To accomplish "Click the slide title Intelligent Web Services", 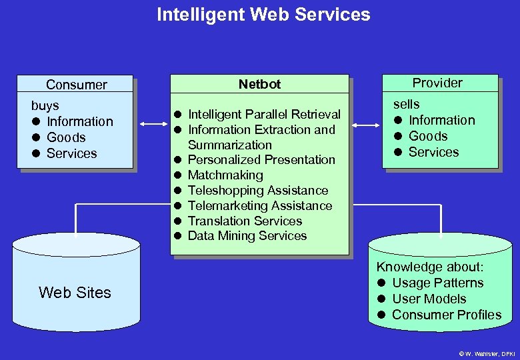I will coord(263,14).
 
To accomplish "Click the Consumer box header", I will coord(76,85).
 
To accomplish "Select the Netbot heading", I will coord(259,84).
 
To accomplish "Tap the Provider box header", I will coord(437,83).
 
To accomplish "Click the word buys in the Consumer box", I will coord(45,105).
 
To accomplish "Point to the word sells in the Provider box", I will coord(407,104).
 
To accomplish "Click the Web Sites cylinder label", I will coord(75,292).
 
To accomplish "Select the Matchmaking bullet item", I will coord(225,175).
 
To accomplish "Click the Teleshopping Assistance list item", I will coord(258,190).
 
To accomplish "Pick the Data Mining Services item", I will coord(247,235).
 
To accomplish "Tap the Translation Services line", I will coord(245,221).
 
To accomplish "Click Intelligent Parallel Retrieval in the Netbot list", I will coord(264,114).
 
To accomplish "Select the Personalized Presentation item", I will coord(261,159).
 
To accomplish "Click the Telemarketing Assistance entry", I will coord(260,205).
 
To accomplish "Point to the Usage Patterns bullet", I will coord(437,283).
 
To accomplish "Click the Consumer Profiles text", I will coord(447,315).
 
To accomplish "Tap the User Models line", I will coord(429,299).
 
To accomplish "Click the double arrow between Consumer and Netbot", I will coord(153,123).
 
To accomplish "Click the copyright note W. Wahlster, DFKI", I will coord(487,353).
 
